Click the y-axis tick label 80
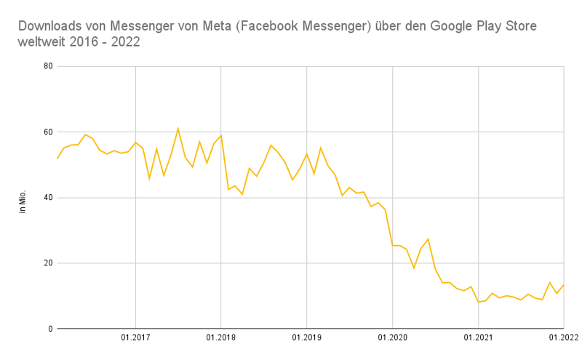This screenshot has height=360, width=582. click(x=48, y=67)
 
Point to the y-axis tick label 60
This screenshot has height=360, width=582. click(x=48, y=132)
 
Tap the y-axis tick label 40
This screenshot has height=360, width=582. click(x=48, y=198)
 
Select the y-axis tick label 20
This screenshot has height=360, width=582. click(x=48, y=263)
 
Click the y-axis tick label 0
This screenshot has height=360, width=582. click(x=50, y=329)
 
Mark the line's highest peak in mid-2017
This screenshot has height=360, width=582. click(x=178, y=129)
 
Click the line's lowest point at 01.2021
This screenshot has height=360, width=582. click(x=478, y=302)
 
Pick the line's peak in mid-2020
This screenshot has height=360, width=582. click(x=428, y=239)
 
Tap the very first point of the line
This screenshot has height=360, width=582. click(x=57, y=159)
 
